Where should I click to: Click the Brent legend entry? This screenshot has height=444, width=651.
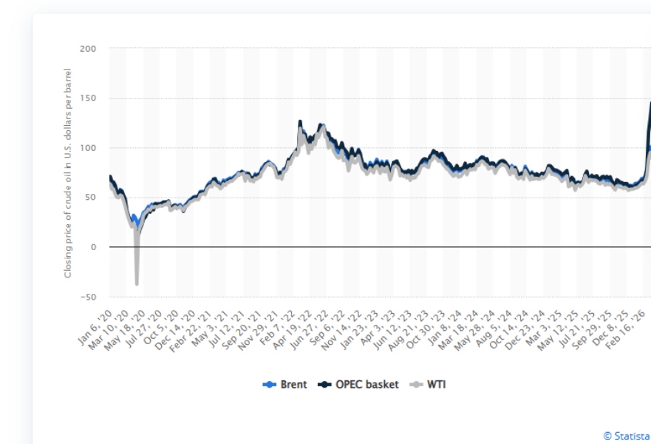285,384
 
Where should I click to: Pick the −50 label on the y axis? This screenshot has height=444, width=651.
87,297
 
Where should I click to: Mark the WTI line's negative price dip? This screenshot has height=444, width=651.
137,282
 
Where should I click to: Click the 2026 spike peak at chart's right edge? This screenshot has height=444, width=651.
650,103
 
